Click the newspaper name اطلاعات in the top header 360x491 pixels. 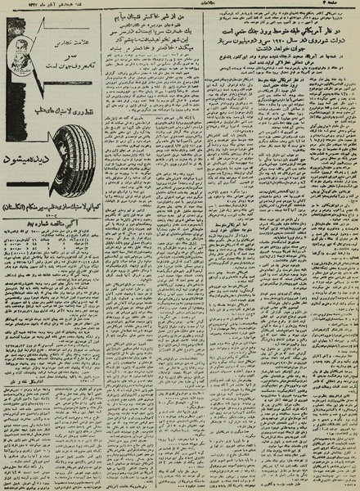(181, 7)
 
